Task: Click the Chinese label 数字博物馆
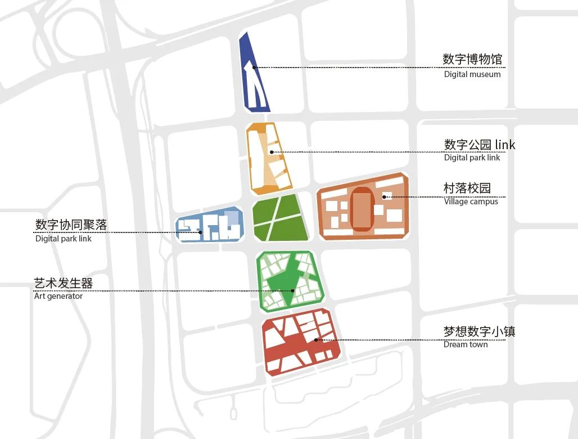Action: tap(472, 59)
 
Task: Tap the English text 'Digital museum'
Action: tap(472, 74)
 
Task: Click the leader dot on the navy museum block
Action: tap(254, 68)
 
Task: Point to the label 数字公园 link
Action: tap(480, 145)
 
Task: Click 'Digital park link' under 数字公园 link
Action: tap(472, 158)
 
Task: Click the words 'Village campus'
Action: tap(471, 201)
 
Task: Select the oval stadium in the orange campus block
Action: tap(362, 209)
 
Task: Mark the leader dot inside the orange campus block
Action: tap(385, 197)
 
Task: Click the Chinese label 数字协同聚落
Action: tap(71, 225)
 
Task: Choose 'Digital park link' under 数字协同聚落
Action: tap(63, 239)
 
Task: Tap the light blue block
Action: tap(210, 225)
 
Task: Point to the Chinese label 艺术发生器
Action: tap(63, 283)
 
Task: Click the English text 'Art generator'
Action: tap(58, 296)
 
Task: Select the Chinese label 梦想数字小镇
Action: tap(479, 331)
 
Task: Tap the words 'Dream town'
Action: tap(466, 344)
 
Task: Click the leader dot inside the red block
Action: tap(316, 340)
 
